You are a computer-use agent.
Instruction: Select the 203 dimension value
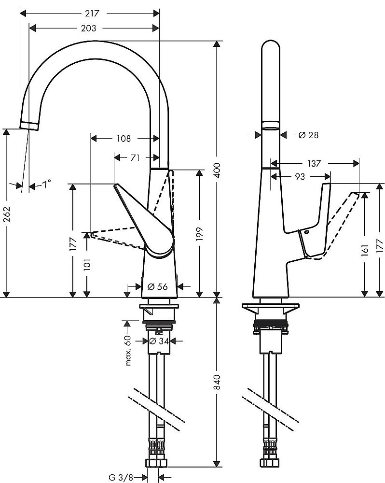[88, 28]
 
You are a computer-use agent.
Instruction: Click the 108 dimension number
[124, 139]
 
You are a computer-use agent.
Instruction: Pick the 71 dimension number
[135, 157]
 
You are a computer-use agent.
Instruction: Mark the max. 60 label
[128, 350]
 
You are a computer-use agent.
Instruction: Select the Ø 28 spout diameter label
[308, 135]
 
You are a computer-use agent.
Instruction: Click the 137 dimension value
[314, 164]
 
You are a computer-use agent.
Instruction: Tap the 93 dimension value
[300, 177]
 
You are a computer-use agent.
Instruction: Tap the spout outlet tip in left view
[29, 126]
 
